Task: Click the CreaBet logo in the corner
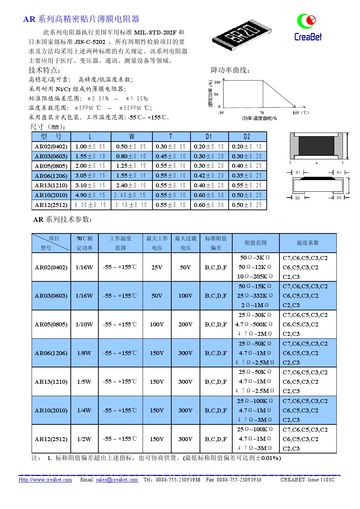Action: click(x=308, y=27)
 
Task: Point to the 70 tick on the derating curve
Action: click(x=262, y=113)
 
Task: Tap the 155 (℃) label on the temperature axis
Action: click(x=300, y=113)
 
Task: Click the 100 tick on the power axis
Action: click(x=217, y=82)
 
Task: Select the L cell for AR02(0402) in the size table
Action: click(x=90, y=146)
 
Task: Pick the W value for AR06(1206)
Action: click(x=131, y=176)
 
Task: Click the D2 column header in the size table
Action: click(x=247, y=137)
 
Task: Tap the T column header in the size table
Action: click(x=171, y=137)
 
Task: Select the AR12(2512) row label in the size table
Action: click(x=51, y=205)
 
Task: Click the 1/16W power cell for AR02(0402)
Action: click(x=84, y=267)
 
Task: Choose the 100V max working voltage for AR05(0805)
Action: click(x=157, y=324)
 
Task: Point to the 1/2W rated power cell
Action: click(x=84, y=439)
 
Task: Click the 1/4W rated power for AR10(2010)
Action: click(x=84, y=410)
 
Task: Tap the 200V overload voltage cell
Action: click(x=185, y=324)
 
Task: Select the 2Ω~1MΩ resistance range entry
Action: click(x=255, y=305)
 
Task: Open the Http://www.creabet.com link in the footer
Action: click(x=45, y=480)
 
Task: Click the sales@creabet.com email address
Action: click(x=117, y=480)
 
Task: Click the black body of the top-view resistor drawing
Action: click(x=316, y=145)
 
